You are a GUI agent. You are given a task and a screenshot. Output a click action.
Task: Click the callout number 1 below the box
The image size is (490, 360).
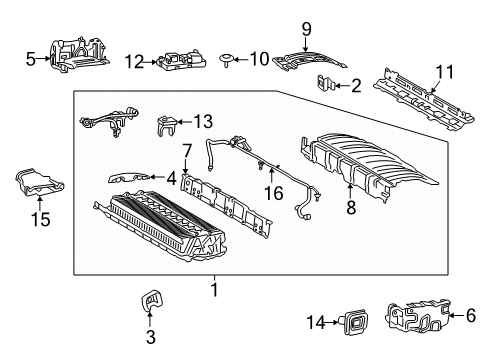pyautogui.click(x=213, y=288)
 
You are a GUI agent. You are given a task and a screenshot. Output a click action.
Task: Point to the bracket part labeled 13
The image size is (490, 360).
pyautogui.click(x=167, y=128)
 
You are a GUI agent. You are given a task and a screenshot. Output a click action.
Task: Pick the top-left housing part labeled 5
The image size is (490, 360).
pyautogui.click(x=75, y=56)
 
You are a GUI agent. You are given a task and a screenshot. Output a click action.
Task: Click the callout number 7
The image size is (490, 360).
pyautogui.click(x=186, y=150)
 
